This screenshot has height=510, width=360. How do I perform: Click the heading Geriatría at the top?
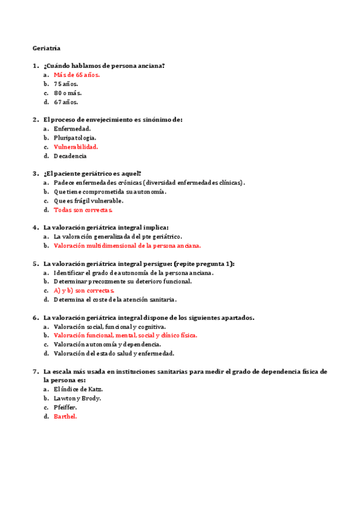pyautogui.click(x=46, y=48)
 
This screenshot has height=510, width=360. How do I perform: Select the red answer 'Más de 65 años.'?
pyautogui.click(x=77, y=75)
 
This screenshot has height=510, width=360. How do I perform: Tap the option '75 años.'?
pyautogui.click(x=66, y=84)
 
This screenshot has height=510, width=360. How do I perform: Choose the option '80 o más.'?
pyautogui.click(x=68, y=93)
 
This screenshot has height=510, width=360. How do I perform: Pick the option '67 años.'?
pyautogui.click(x=66, y=102)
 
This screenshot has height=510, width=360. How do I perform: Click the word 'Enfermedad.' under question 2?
pyautogui.click(x=72, y=129)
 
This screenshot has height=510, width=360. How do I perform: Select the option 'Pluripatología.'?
pyautogui.click(x=75, y=138)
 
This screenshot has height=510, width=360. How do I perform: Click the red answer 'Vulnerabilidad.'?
pyautogui.click(x=76, y=147)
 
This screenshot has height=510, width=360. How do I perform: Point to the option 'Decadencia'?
pyautogui.click(x=70, y=156)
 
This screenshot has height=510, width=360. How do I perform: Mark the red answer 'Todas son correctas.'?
pyautogui.click(x=83, y=210)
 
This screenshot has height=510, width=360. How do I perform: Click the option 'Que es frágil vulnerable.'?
pyautogui.click(x=88, y=201)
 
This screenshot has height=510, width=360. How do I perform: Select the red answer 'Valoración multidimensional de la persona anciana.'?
pyautogui.click(x=127, y=245)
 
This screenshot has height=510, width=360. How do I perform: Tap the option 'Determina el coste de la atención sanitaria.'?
pyautogui.click(x=115, y=300)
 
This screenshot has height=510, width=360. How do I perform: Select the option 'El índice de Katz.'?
pyautogui.click(x=78, y=389)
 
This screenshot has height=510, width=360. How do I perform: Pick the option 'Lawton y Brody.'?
pyautogui.click(x=78, y=398)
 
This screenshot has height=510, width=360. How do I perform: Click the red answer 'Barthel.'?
pyautogui.click(x=66, y=416)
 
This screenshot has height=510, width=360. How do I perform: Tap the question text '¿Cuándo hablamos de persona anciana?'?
pyautogui.click(x=104, y=66)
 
